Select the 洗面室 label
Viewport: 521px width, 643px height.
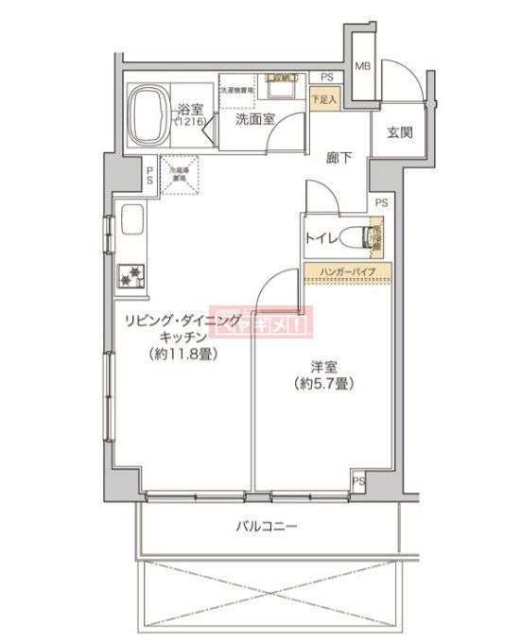(x=254, y=119)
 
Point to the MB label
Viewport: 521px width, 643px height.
(x=362, y=66)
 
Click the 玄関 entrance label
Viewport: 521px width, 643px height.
(x=398, y=132)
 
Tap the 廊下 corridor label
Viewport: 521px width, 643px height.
(x=339, y=158)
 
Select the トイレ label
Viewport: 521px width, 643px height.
(x=321, y=240)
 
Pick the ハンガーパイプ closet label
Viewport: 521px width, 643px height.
(x=347, y=272)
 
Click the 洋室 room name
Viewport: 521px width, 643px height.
(x=319, y=366)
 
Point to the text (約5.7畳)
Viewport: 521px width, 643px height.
(x=320, y=384)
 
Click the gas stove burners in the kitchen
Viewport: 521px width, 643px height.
(x=130, y=276)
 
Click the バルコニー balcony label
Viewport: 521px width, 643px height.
(x=267, y=525)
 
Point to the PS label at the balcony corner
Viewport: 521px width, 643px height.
(x=358, y=481)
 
